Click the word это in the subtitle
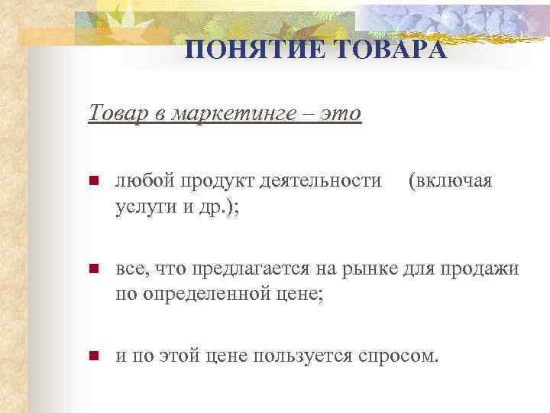coord(339,113)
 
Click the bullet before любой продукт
coord(93,182)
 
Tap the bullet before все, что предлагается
coord(93,270)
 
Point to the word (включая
coord(450,181)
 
